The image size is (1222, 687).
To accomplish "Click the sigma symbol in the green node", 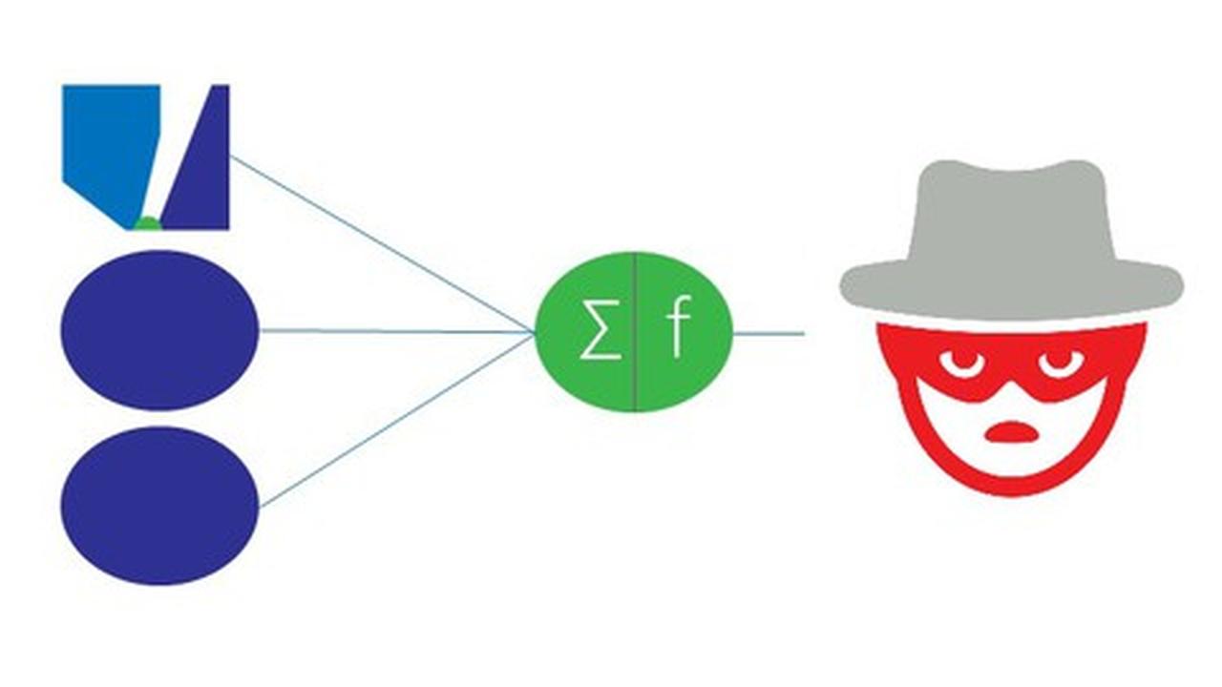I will click(x=600, y=333).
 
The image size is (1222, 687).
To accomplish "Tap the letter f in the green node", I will click(x=677, y=331).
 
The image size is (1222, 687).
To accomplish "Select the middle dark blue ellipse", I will click(x=159, y=330).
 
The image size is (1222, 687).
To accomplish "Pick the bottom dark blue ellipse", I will click(x=159, y=505).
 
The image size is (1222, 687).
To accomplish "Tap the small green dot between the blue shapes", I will click(x=147, y=224).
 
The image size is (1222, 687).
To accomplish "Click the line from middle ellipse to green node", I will click(x=396, y=331).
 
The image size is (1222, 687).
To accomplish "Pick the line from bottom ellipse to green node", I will click(x=396, y=419).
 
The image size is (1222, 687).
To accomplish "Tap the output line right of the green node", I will click(x=769, y=334).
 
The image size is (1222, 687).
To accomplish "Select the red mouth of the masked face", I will click(x=1011, y=433).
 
